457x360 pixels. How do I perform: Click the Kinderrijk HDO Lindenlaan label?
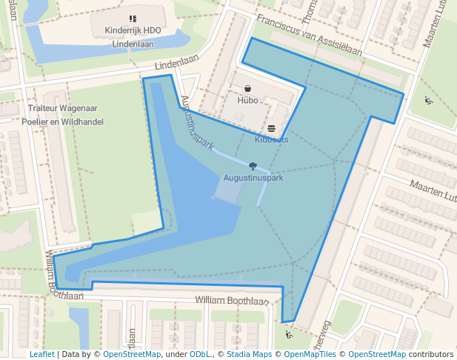(x=133, y=37)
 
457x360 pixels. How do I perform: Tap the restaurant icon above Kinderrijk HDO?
(x=133, y=19)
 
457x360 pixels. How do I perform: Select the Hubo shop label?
(x=247, y=100)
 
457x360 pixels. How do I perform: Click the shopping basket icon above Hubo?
(x=247, y=88)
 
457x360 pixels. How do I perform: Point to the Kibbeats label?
(x=271, y=139)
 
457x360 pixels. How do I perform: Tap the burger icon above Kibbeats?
(x=271, y=129)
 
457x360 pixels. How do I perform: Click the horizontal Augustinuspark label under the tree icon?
(x=253, y=178)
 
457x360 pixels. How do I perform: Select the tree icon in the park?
(x=253, y=167)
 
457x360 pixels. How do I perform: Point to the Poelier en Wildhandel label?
(x=63, y=121)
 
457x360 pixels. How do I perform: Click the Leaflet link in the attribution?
(x=41, y=354)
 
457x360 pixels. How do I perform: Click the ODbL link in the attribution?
(x=200, y=354)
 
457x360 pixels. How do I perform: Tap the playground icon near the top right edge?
(x=428, y=101)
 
